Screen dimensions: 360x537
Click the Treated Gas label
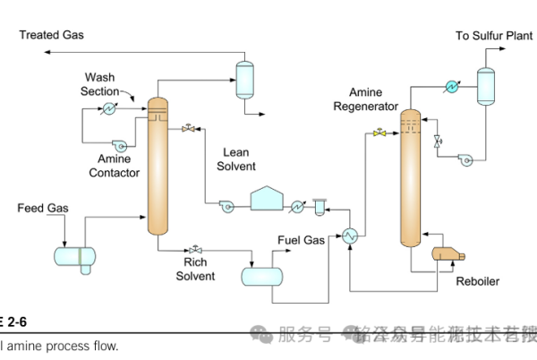[x=51, y=35]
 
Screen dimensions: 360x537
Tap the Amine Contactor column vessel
[x=158, y=170]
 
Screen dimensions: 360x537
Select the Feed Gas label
[x=44, y=209]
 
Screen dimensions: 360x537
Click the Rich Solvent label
[x=194, y=270]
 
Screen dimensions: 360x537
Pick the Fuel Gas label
[x=301, y=240]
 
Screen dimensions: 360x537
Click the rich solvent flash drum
[x=262, y=276]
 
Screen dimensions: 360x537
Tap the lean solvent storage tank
[x=267, y=200]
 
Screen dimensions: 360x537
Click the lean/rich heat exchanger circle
[x=348, y=235]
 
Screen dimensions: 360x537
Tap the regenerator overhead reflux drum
[x=486, y=84]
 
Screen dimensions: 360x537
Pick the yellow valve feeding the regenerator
[x=380, y=133]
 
